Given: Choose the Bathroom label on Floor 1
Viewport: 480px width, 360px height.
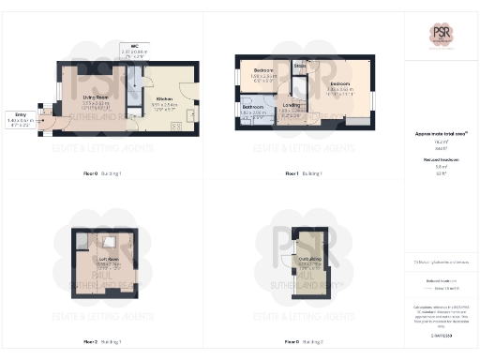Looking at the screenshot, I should click(x=253, y=109).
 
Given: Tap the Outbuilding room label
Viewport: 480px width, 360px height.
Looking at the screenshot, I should click(x=310, y=259).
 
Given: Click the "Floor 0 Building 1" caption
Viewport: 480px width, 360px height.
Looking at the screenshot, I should click(x=101, y=173).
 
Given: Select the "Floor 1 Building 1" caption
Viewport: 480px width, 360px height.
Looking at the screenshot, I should click(x=303, y=173).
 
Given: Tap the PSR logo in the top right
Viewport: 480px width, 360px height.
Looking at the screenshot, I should click(x=442, y=34).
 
